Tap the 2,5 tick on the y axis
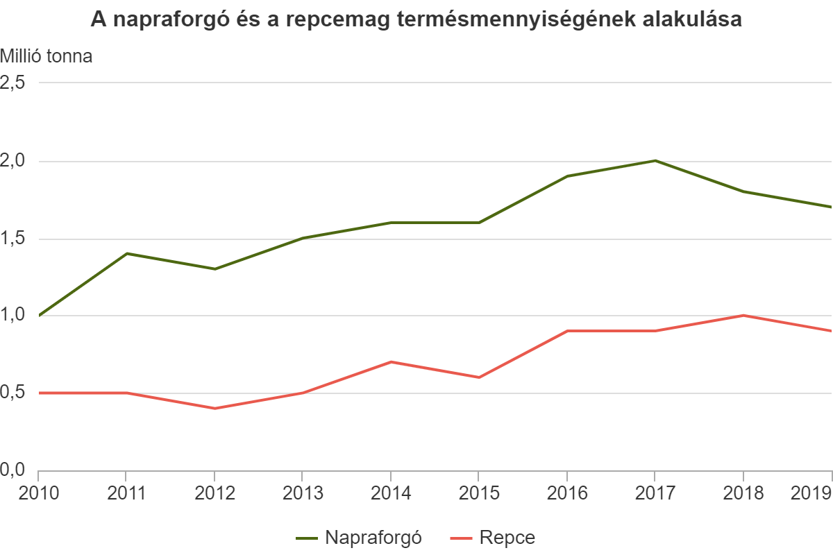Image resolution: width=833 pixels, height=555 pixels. point(14,83)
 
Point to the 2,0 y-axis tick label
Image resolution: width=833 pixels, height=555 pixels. point(14,161)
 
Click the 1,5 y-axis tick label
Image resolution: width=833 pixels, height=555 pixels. point(14,239)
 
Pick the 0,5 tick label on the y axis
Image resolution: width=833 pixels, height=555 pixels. point(14,393)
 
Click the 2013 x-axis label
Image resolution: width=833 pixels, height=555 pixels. point(302,493)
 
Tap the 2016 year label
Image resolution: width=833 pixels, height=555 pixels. point(566,493)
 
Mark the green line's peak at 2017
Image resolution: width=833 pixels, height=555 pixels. point(655,161)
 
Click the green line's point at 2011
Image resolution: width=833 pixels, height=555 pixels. point(126,253)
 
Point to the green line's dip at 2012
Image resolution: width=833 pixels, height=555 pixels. point(214,269)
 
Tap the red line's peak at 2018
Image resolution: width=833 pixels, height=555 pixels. point(743,316)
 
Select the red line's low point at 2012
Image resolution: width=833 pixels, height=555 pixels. point(214,408)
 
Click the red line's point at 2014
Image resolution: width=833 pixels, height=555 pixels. point(391,361)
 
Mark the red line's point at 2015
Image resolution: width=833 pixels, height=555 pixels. point(478,377)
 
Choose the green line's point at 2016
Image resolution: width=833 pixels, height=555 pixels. point(566,176)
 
